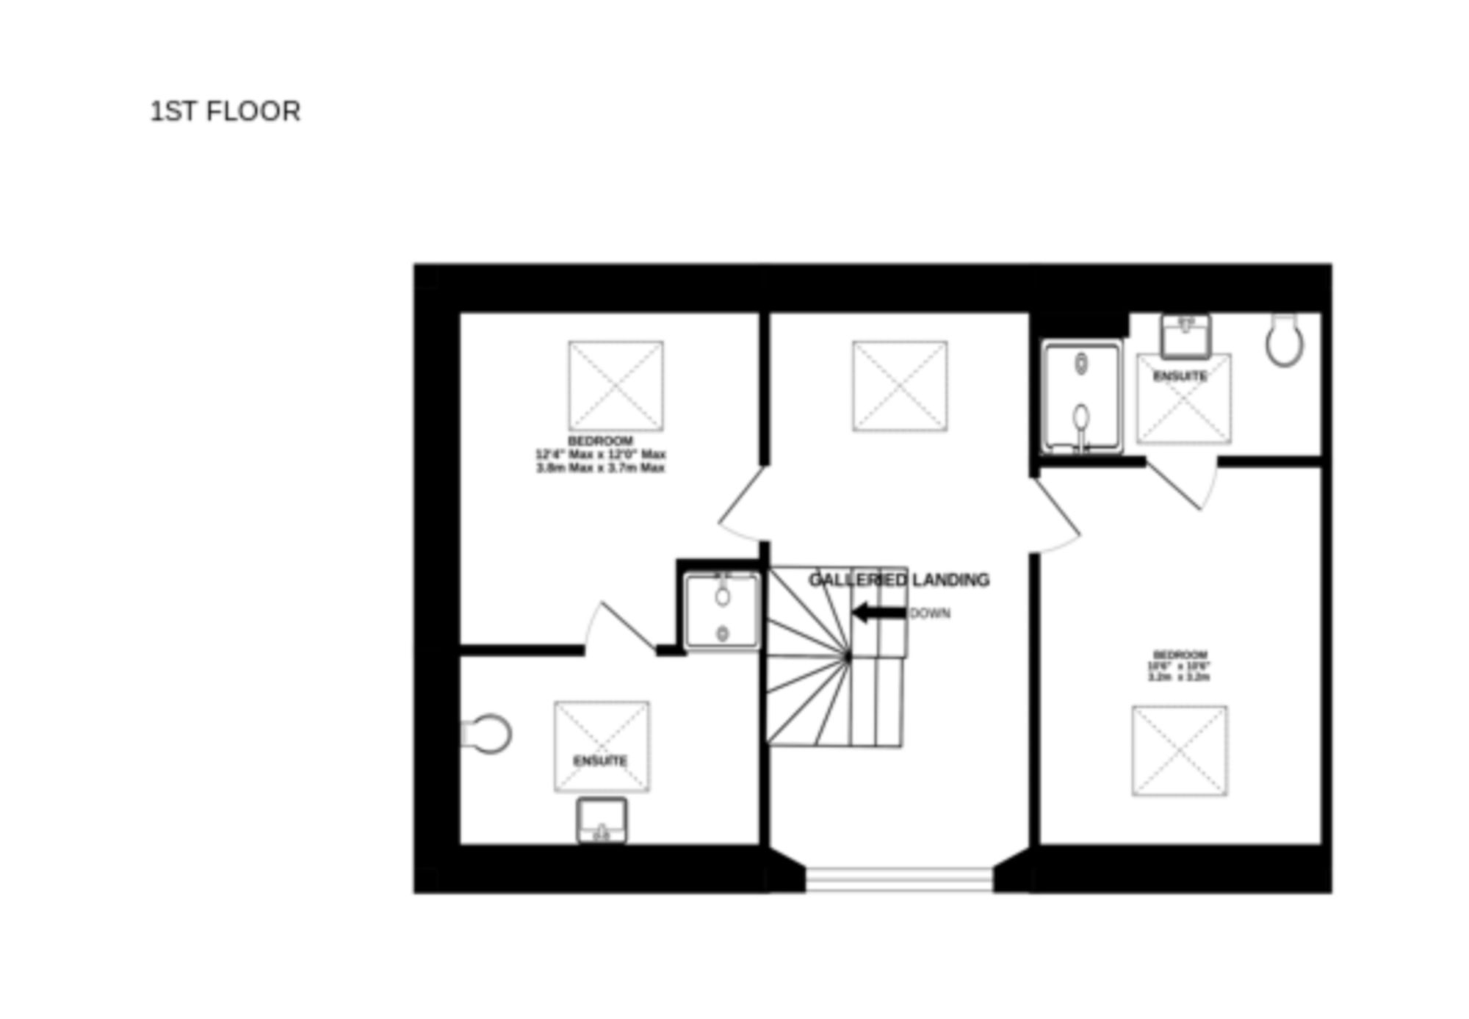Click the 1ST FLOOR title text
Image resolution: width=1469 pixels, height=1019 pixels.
225,112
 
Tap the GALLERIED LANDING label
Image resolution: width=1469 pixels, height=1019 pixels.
898,580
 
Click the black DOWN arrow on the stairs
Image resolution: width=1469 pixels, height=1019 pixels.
878,612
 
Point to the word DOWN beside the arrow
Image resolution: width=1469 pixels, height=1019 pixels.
930,613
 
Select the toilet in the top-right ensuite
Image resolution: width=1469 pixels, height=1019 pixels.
1284,340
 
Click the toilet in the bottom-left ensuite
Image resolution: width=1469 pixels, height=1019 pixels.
488,733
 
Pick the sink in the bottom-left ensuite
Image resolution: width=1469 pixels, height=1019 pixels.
602,820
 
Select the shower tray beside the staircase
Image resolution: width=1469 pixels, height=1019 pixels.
722,612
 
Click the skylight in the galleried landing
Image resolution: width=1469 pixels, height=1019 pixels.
899,386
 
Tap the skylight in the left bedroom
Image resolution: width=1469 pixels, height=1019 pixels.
616,386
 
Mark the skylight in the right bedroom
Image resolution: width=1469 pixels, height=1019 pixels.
1179,750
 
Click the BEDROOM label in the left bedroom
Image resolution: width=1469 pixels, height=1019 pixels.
600,441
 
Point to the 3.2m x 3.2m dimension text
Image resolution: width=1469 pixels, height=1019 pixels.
1178,677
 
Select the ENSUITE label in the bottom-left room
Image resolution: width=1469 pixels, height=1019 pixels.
600,760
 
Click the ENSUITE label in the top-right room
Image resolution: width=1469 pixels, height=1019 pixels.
1180,376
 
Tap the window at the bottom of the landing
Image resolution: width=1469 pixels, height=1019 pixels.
899,879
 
